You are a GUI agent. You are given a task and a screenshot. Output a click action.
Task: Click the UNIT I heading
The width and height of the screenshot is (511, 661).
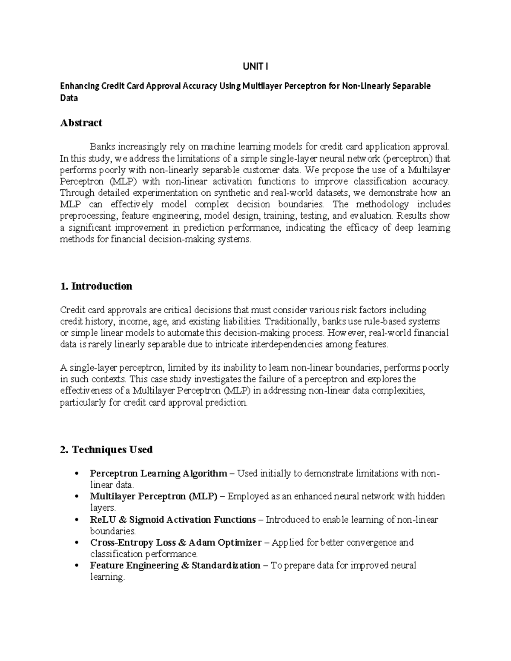[255, 66]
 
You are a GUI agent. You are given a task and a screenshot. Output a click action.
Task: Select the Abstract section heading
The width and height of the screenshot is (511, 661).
[81, 123]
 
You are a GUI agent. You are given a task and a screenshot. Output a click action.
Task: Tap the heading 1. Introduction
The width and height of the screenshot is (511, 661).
[96, 286]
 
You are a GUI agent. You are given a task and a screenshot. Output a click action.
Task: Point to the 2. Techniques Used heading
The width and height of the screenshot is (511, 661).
[106, 449]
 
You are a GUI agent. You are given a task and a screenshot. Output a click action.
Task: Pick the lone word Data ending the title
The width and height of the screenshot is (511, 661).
[69, 98]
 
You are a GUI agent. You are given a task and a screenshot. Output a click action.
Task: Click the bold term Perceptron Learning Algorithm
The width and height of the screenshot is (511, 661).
[158, 473]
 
